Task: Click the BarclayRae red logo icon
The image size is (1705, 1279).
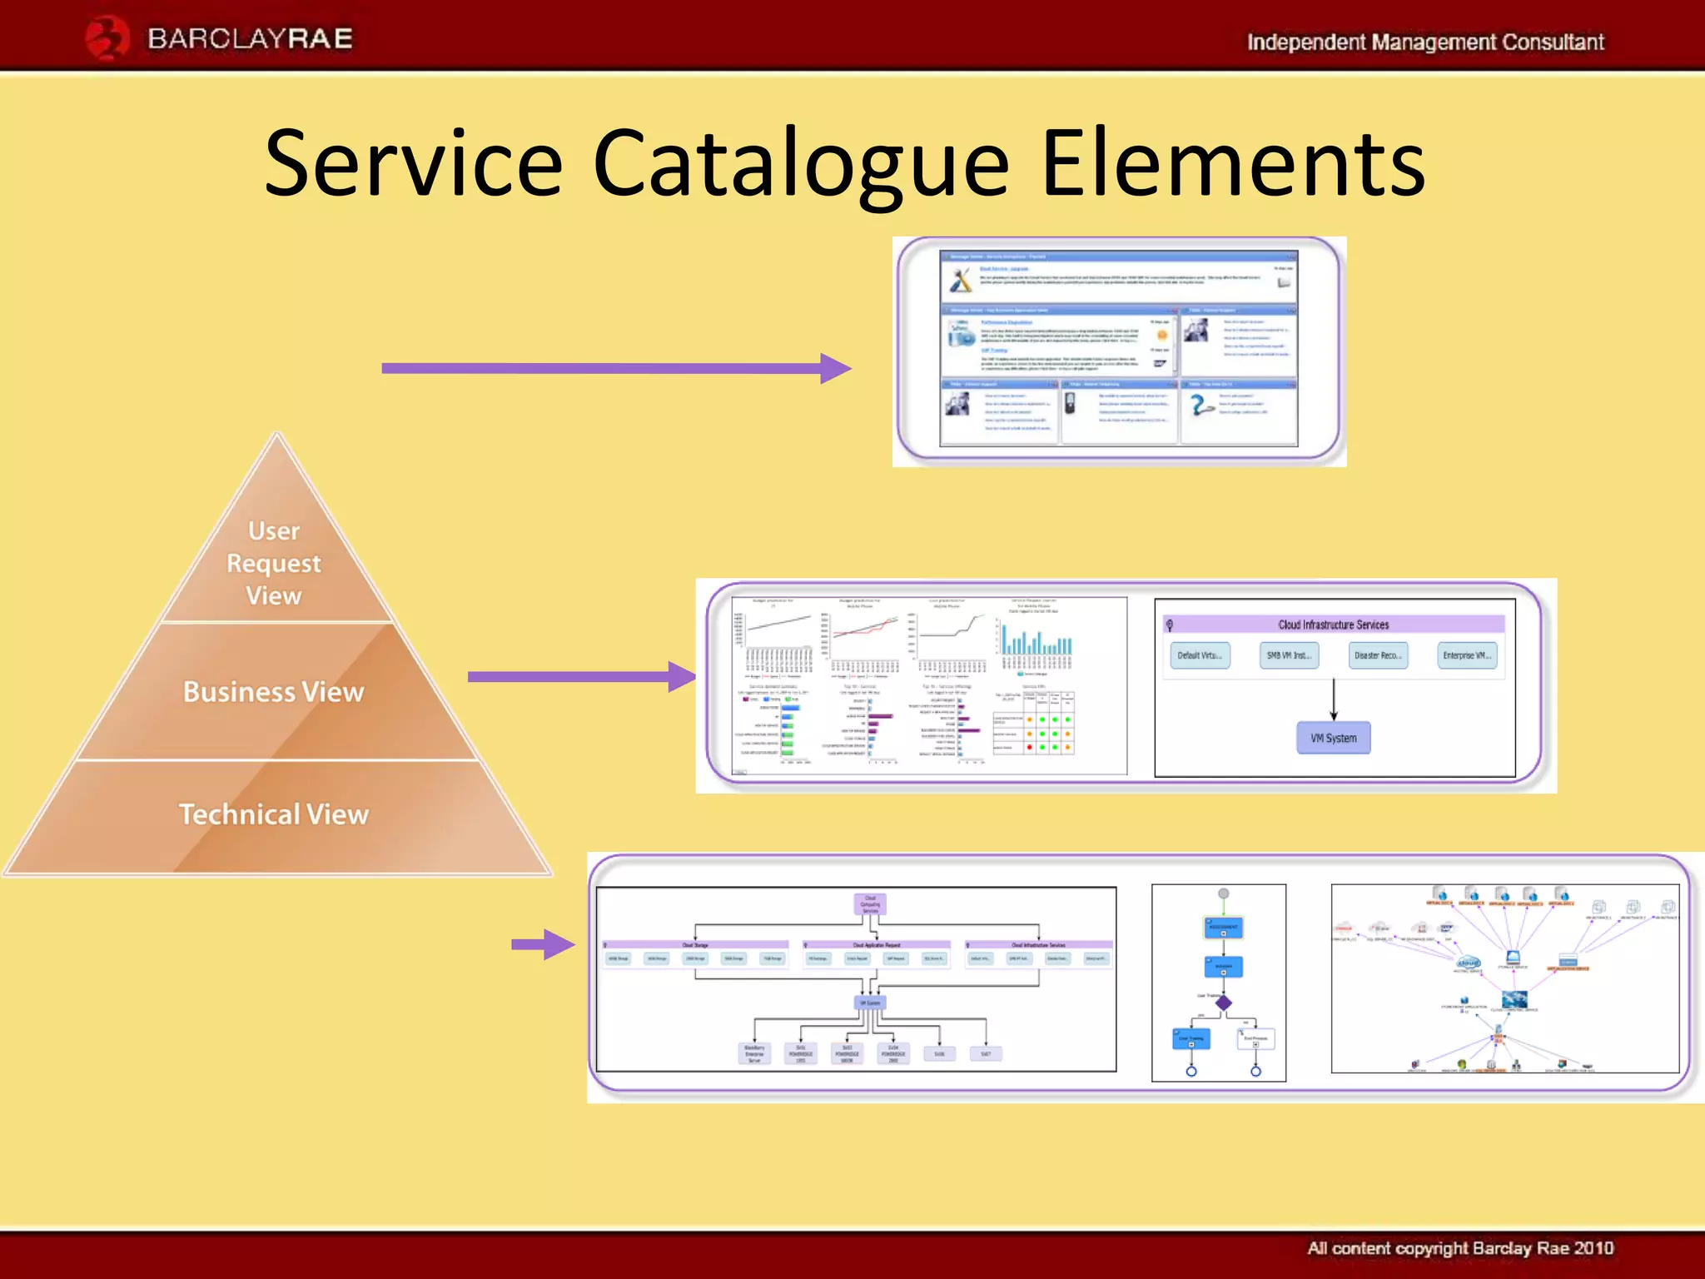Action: point(107,38)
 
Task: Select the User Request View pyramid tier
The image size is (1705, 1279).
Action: point(274,563)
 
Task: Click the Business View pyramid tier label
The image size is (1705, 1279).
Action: point(274,692)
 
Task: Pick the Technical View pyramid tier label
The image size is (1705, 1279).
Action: point(274,814)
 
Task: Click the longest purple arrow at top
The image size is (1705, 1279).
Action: point(616,368)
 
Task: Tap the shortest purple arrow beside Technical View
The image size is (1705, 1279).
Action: point(543,944)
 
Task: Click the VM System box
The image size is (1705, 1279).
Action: point(1333,738)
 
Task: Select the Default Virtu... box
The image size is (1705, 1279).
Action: point(1200,655)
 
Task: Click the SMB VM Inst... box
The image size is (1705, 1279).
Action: point(1289,655)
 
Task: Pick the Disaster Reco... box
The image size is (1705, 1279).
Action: point(1378,655)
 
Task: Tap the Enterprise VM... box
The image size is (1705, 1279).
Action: point(1467,655)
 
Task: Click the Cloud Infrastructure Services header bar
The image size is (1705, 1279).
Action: point(1333,625)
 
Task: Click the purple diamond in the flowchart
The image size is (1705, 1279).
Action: point(1223,1003)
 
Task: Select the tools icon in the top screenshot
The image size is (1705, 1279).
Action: point(961,280)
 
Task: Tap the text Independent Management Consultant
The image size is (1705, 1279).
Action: point(1424,42)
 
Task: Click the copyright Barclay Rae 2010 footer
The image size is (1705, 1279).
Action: point(1459,1247)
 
